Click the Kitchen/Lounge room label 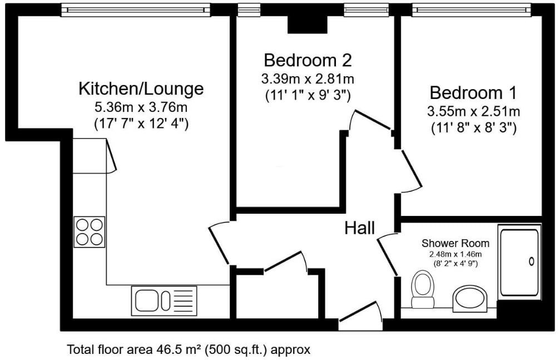click(x=141, y=89)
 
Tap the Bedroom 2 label click(x=308, y=60)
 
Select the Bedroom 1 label click(x=473, y=93)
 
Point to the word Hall click(x=359, y=228)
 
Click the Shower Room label click(x=455, y=243)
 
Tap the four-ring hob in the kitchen click(x=90, y=232)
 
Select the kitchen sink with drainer click(x=164, y=301)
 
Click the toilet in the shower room click(x=423, y=289)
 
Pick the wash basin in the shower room click(x=470, y=297)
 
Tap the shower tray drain click(x=531, y=262)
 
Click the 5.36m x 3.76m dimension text click(x=141, y=107)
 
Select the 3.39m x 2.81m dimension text click(x=308, y=78)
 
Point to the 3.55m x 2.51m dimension click(x=473, y=111)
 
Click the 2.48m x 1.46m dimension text click(x=455, y=254)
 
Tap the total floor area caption click(x=189, y=349)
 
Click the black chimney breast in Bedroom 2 click(x=307, y=24)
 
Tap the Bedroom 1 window click(x=471, y=10)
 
